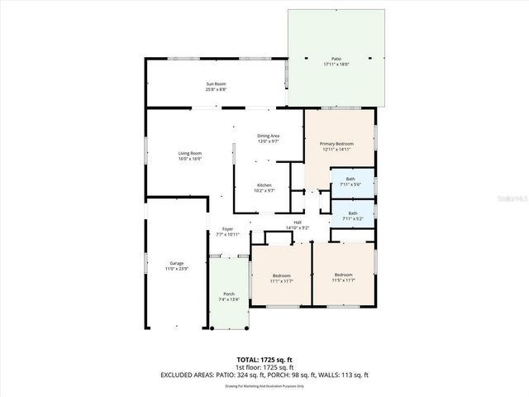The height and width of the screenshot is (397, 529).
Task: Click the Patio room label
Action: click(336, 61)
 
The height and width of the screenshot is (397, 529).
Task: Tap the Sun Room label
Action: click(216, 86)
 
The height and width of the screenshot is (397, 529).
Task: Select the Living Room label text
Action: click(190, 155)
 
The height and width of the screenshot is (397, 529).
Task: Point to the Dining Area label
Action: click(268, 138)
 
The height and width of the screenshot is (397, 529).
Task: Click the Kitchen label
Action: click(264, 187)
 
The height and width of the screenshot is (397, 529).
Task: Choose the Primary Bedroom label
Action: click(336, 146)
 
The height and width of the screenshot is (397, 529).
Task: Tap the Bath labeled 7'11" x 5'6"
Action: click(351, 181)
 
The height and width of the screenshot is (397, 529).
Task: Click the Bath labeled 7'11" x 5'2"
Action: click(352, 215)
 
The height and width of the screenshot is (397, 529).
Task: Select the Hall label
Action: click(297, 224)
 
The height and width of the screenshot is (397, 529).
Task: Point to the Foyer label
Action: click(228, 232)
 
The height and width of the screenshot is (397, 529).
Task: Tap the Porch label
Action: click(227, 296)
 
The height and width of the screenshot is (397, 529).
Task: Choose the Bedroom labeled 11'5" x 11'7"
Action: click(343, 277)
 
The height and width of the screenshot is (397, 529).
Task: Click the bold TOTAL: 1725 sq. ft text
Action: click(264, 360)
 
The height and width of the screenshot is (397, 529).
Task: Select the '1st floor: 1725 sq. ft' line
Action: click(264, 367)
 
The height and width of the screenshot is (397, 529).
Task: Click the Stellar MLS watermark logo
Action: click(512, 199)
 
